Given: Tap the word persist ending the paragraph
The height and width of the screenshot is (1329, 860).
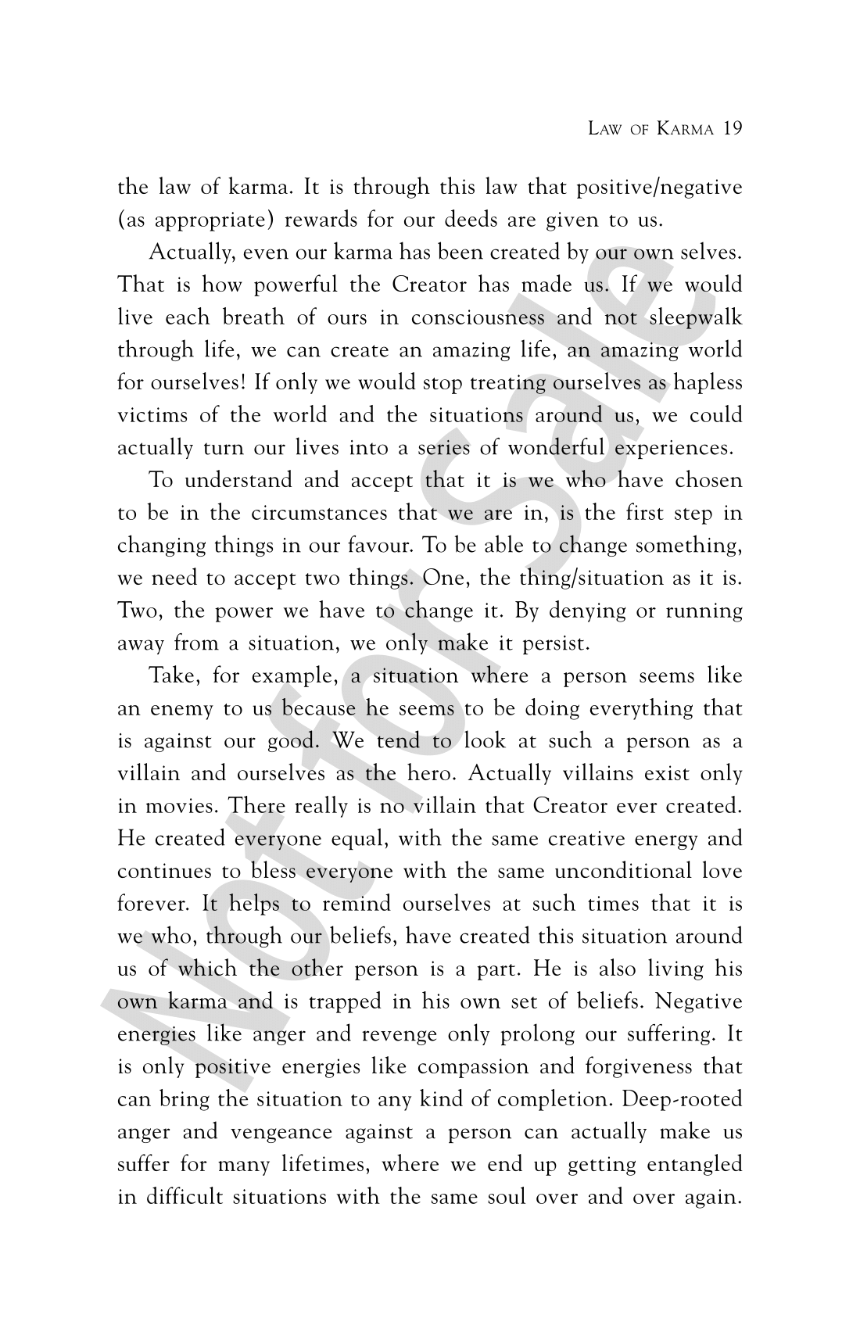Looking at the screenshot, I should (x=556, y=644).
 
